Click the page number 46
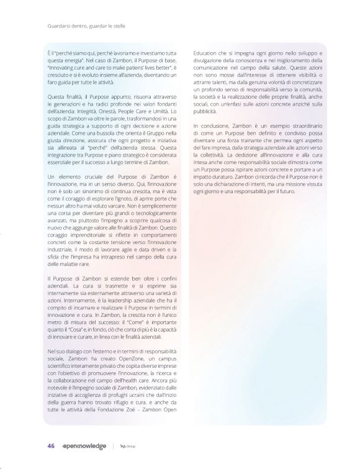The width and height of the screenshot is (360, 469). pos(51,445)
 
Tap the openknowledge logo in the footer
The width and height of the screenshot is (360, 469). pos(86,445)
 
